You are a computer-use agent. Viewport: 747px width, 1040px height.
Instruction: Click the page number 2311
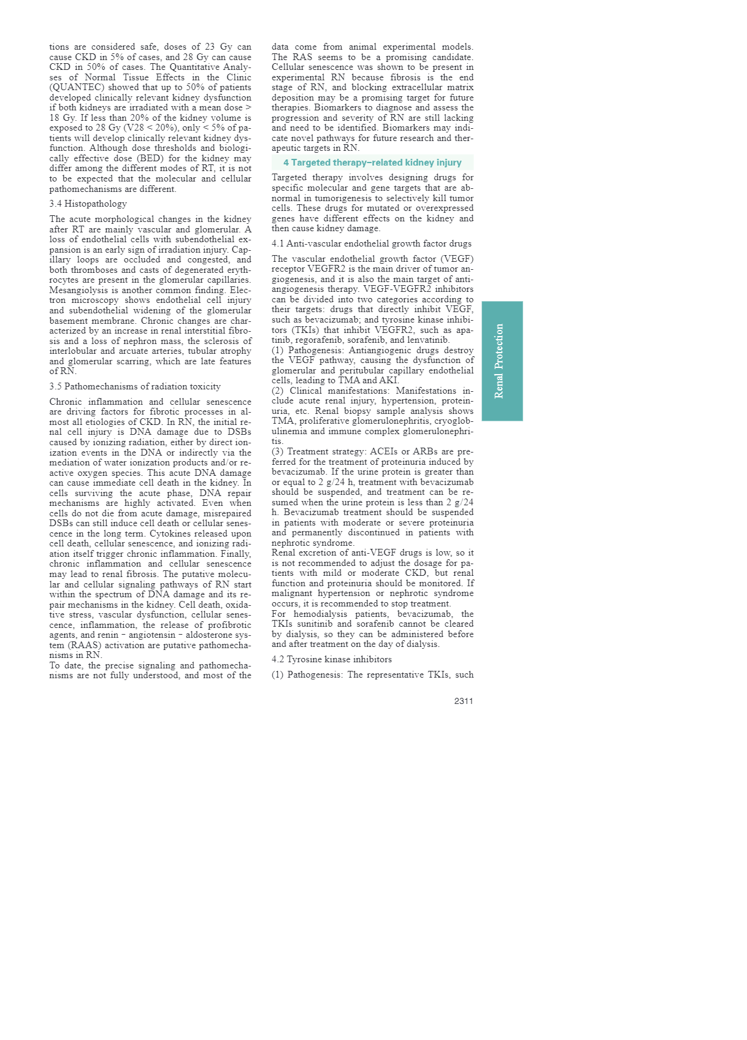pos(463,701)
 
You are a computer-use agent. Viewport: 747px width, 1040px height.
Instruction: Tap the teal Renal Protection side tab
pos(502,361)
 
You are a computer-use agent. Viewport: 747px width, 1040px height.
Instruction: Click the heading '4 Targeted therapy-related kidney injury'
pos(372,162)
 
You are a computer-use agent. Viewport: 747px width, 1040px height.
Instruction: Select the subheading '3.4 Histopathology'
pos(88,204)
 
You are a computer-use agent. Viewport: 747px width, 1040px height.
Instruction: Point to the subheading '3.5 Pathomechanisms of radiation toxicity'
pos(135,386)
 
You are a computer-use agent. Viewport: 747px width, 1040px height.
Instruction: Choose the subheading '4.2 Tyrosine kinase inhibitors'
pos(332,659)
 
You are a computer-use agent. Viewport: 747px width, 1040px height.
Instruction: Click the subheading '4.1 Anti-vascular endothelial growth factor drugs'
pos(372,243)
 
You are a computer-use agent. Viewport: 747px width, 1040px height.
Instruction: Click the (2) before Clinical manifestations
pos(278,391)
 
